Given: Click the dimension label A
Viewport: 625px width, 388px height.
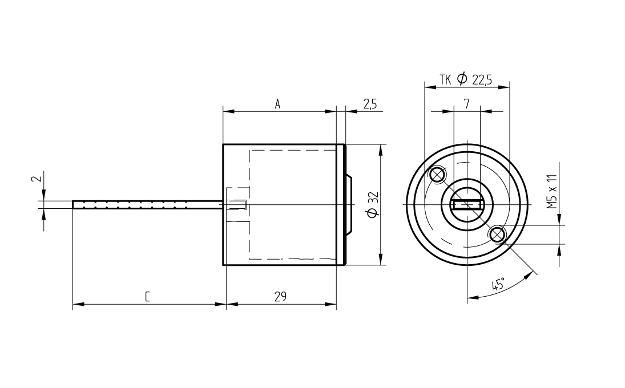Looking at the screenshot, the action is [278, 104].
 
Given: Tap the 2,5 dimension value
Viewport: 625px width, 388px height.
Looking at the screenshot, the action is [370, 104].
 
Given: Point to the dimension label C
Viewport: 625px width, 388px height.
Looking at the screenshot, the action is [147, 297].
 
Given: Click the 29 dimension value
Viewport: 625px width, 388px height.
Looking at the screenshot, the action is [280, 297].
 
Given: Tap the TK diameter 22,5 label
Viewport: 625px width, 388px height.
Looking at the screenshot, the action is [466, 79].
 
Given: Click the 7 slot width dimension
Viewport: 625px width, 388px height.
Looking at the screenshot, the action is [467, 104].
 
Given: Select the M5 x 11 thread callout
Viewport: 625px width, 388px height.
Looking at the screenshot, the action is [552, 185].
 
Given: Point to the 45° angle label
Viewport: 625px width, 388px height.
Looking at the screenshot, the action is [498, 284].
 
